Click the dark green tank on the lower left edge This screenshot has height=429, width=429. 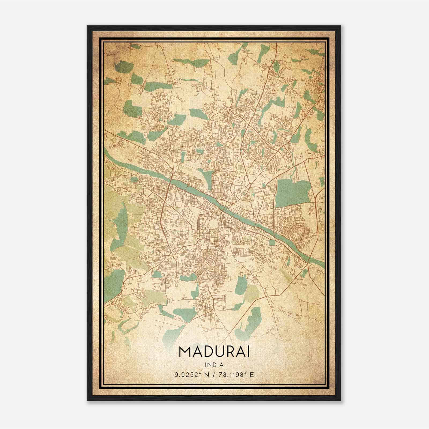click(114, 282)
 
